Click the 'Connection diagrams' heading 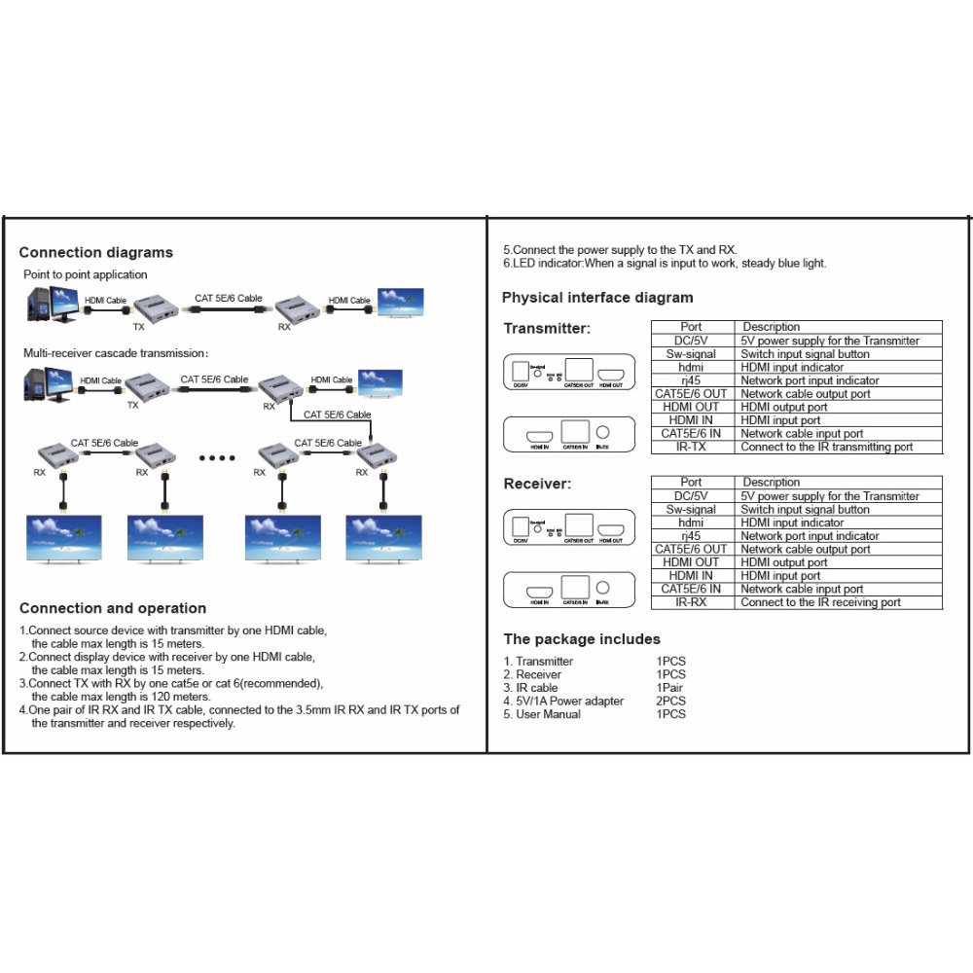(x=95, y=253)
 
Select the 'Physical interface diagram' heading (x=597, y=298)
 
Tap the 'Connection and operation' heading (x=113, y=609)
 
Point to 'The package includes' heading (x=582, y=639)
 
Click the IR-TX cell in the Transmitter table (x=692, y=448)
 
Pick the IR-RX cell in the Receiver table (x=692, y=602)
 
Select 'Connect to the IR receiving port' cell (x=820, y=602)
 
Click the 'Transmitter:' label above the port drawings (x=547, y=329)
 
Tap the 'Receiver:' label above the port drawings (x=537, y=484)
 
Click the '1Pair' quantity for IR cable (x=669, y=688)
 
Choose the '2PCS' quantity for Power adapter (x=670, y=702)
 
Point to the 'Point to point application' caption (x=86, y=275)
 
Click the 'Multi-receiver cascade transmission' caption (x=115, y=353)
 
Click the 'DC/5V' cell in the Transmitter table (x=692, y=341)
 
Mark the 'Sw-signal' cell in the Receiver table (x=692, y=510)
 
